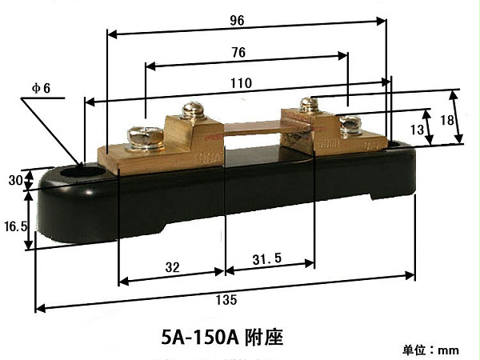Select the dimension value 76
coord(238,53)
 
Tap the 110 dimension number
coord(241,82)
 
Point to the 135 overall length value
coord(226,300)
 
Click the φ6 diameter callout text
coord(41,87)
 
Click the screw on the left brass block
coord(137,135)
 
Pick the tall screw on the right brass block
coord(309,106)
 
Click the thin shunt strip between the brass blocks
coord(256,127)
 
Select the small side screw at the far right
coord(350,124)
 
